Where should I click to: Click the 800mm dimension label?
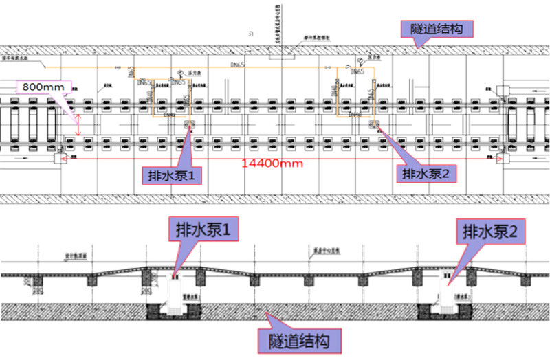(42, 87)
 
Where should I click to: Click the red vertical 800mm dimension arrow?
(78, 124)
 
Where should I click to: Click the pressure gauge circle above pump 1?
(180, 73)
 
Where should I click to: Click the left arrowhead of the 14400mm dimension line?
(65, 158)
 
